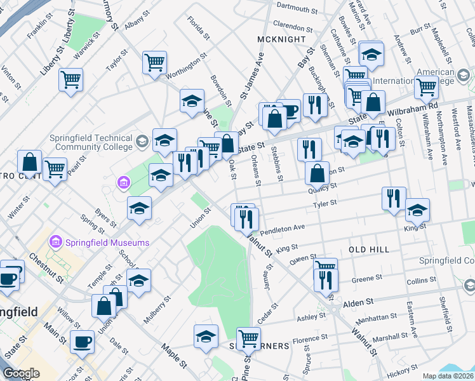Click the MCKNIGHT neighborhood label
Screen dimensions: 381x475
[277, 40]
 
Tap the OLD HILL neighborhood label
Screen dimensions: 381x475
[369, 250]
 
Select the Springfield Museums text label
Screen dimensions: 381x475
[107, 243]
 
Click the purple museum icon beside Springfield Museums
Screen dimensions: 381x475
[55, 243]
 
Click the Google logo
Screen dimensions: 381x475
[21, 373]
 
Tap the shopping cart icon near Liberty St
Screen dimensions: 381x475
[70, 80]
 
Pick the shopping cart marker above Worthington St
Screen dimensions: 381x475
[154, 62]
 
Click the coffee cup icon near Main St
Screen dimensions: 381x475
[82, 341]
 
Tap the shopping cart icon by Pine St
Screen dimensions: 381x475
[248, 338]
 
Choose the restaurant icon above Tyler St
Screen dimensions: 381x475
[394, 197]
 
